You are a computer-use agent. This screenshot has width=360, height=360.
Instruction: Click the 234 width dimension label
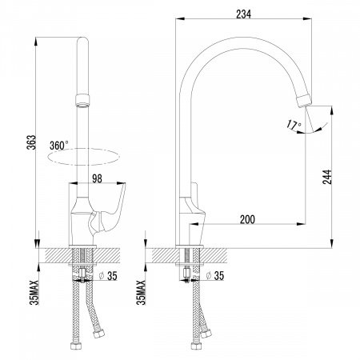(243, 14)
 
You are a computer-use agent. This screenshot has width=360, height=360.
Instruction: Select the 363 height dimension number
(31, 142)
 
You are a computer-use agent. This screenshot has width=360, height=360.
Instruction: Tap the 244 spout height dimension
(327, 177)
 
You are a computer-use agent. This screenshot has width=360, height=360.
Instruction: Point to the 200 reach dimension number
(247, 219)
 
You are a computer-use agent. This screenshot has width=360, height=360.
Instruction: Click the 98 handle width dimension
(97, 178)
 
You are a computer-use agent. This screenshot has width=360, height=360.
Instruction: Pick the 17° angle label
(294, 125)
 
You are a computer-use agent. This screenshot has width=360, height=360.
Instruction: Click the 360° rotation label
(59, 146)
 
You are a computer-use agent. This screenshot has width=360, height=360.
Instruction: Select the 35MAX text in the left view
(34, 292)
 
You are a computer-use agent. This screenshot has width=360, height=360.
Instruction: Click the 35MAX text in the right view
(141, 292)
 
